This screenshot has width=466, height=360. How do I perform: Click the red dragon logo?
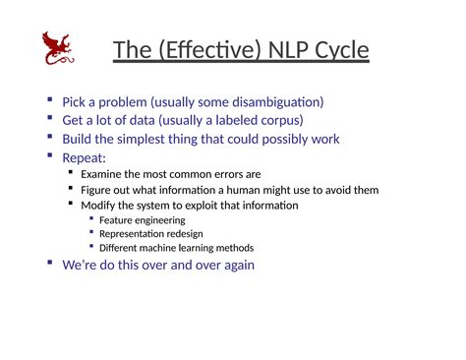pos(57,49)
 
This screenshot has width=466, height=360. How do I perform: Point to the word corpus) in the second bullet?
pos(278,120)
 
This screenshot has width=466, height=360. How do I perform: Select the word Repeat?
pos(84,157)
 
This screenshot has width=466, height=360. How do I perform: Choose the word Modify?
pos(99,205)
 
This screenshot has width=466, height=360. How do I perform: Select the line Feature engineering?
pos(142,220)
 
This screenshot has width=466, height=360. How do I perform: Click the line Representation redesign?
pos(151,234)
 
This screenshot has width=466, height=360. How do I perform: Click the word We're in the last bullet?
pos(79,265)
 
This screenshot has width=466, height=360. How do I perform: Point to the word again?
pos(236,265)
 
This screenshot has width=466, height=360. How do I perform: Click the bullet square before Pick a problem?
pos(50,100)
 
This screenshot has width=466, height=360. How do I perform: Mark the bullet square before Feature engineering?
pos(91,219)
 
